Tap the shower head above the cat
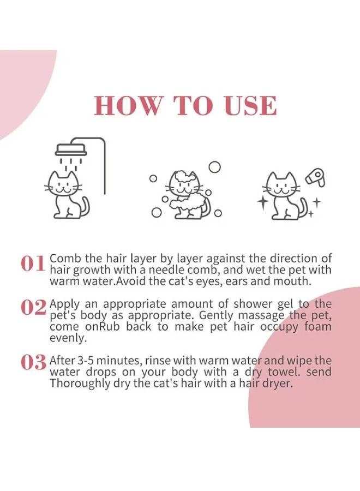(70, 149)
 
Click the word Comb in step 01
(62, 258)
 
